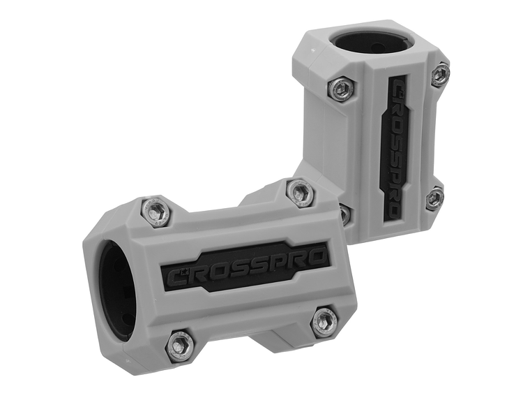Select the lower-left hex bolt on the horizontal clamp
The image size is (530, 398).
(181, 343)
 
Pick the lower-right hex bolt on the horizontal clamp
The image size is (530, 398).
(324, 320)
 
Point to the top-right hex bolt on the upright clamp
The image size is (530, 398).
(439, 75)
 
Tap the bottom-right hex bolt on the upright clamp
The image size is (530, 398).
(434, 198)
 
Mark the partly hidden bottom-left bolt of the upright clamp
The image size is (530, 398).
(344, 213)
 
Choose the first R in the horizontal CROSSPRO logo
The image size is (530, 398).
(199, 274)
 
